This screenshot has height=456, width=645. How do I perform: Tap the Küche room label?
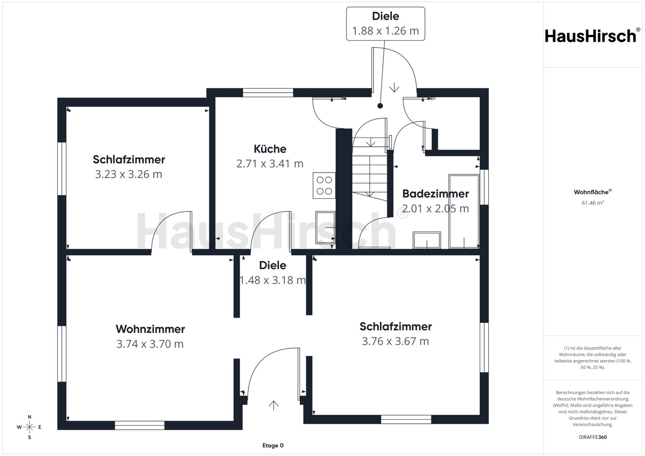pyautogui.click(x=270, y=149)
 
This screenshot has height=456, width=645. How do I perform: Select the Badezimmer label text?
pyautogui.click(x=435, y=194)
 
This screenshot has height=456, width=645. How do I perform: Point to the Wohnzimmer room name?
pyautogui.click(x=150, y=329)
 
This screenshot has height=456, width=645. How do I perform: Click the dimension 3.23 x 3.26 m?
pyautogui.click(x=129, y=174)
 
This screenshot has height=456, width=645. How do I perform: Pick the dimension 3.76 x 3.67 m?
pyautogui.click(x=396, y=341)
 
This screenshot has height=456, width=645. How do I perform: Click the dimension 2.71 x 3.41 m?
pyautogui.click(x=270, y=163)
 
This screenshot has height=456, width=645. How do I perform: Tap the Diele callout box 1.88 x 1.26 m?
pyautogui.click(x=386, y=24)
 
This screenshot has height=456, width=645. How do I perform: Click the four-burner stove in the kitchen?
pyautogui.click(x=324, y=185)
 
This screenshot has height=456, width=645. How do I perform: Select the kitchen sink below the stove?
pyautogui.click(x=325, y=228)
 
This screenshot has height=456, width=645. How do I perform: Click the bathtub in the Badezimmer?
pyautogui.click(x=464, y=211)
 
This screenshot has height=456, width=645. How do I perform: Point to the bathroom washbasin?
pyautogui.click(x=427, y=240)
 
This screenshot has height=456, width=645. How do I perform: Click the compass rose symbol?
pyautogui.click(x=30, y=427)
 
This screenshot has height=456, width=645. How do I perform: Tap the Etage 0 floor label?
pyautogui.click(x=273, y=445)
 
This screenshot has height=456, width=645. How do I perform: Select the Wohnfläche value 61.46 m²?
pyautogui.click(x=593, y=202)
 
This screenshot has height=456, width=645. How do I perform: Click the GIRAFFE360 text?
pyautogui.click(x=593, y=437)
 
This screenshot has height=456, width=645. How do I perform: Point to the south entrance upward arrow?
pyautogui.click(x=273, y=405)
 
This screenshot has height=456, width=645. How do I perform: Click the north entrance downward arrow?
pyautogui.click(x=394, y=87)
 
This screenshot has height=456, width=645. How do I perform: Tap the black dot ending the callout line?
pyautogui.click(x=380, y=106)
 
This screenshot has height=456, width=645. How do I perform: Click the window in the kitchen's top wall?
pyautogui.click(x=268, y=92)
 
